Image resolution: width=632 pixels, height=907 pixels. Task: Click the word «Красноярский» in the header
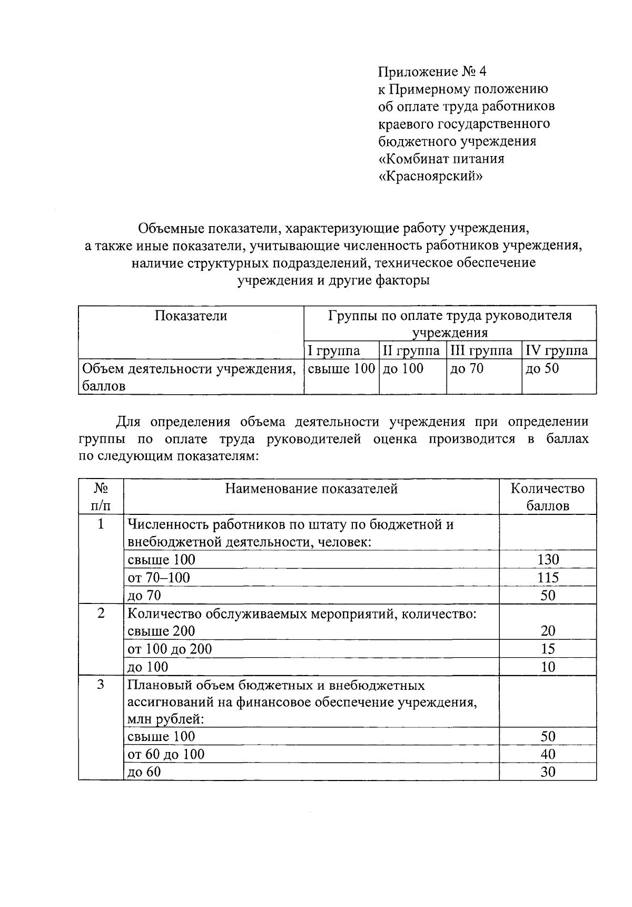coord(430,176)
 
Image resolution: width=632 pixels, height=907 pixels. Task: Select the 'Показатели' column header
coord(191,316)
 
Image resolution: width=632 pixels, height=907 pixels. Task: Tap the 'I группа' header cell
coord(334,351)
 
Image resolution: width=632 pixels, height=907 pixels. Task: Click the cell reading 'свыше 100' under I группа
coord(341,369)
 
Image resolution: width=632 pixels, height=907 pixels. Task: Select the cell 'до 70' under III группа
coord(467,369)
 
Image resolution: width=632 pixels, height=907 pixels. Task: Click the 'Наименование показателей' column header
coord(311,489)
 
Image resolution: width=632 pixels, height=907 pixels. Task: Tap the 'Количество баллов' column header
coord(548,497)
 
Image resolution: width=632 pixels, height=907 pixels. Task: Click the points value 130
coord(548,560)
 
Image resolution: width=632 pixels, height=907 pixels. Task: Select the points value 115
coord(548,578)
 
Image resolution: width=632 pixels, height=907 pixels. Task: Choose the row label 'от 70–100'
coord(159,578)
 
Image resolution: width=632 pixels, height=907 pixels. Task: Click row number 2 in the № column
coord(101,613)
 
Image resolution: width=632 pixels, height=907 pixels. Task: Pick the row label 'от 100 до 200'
coord(170,649)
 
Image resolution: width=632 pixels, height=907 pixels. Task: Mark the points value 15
coord(548,649)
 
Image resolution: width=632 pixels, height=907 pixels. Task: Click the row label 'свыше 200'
coord(161,631)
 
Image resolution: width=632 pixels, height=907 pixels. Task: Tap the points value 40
coord(548,755)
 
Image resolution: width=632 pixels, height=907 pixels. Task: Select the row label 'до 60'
coord(144,772)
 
